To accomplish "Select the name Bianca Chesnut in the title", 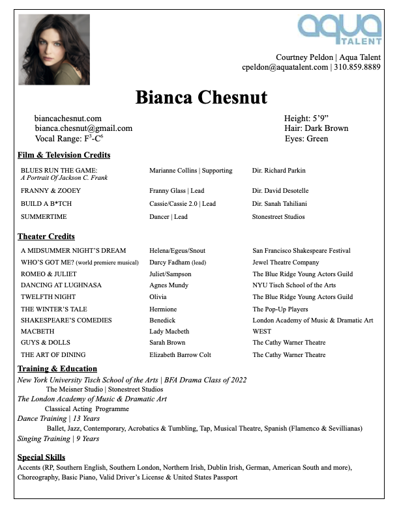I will coord(201,97).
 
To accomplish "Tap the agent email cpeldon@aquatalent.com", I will coord(285,67).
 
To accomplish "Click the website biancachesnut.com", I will coord(68,119).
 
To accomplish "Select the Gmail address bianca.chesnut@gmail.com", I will coord(83,128).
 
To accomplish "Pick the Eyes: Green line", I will coord(306,139).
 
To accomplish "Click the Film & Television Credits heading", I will coord(64,155).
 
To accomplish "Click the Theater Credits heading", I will coord(46,236).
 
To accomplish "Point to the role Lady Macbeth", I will coord(169,332).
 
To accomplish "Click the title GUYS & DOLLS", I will coord(46,343).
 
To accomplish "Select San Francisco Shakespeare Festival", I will coord(301,251).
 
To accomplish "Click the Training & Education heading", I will coord(57,369).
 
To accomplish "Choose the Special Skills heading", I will coord(41,457).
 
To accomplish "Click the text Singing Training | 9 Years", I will coord(58,439).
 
